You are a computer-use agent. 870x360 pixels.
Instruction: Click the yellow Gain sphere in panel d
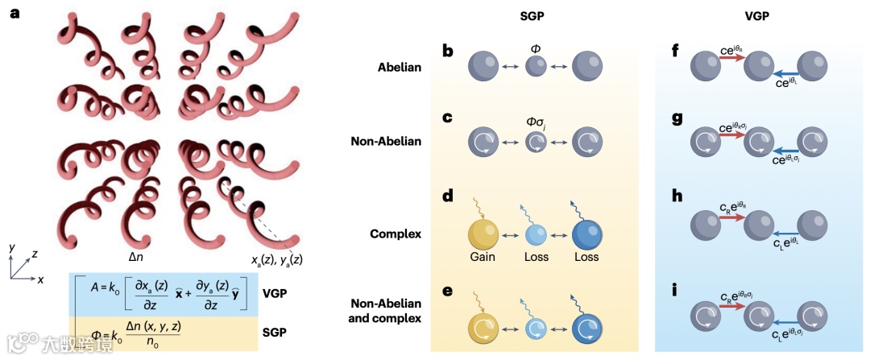(484, 235)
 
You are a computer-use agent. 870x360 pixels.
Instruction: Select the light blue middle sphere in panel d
(537, 235)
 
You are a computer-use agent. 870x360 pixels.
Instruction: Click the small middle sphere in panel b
(536, 67)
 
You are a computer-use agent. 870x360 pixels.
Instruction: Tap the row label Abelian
(401, 67)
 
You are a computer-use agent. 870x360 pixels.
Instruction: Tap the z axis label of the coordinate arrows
(36, 253)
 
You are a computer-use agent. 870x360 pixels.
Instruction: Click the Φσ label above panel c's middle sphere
(536, 124)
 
